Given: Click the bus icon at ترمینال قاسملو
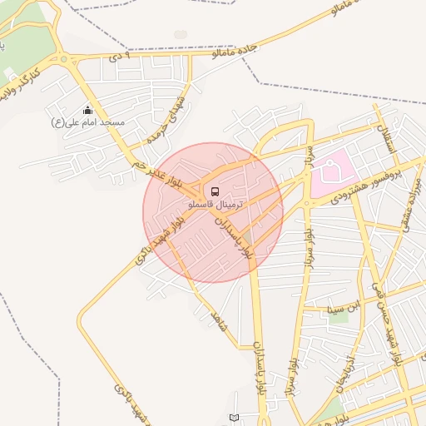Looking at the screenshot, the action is (216, 191).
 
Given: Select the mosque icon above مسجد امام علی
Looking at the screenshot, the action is (87, 111).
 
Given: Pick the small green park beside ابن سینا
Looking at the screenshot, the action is (343, 318).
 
